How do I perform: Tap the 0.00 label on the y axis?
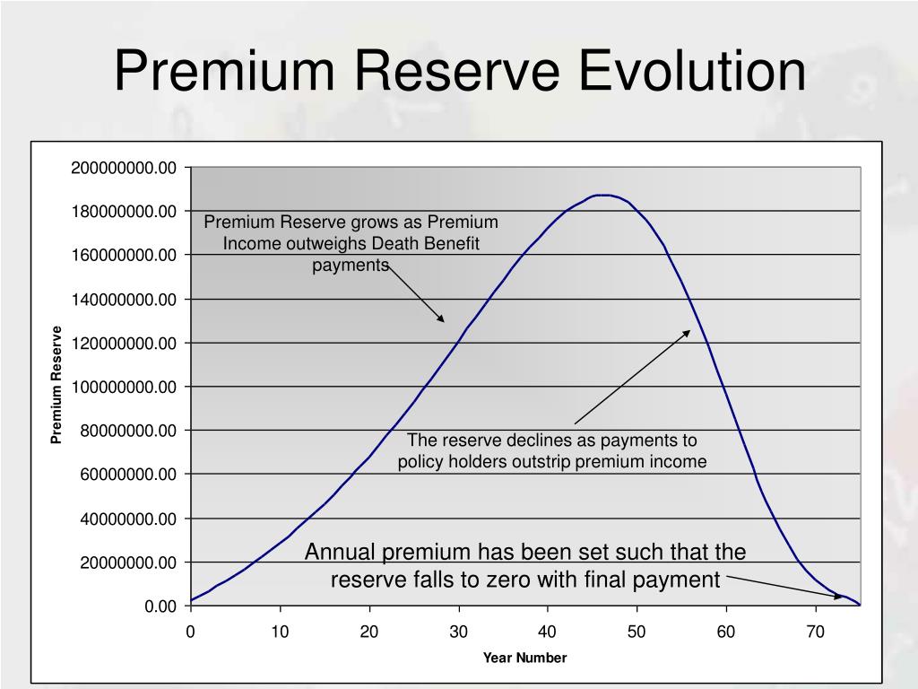tap(161, 606)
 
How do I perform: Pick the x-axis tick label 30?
tap(459, 632)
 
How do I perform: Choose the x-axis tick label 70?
tap(815, 632)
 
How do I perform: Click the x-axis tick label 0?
tap(191, 632)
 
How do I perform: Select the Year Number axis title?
tap(524, 658)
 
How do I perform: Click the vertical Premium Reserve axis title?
tap(56, 385)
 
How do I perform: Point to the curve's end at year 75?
tap(860, 605)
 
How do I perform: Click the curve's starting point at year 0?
tap(192, 600)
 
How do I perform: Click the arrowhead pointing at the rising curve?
tap(441, 318)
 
